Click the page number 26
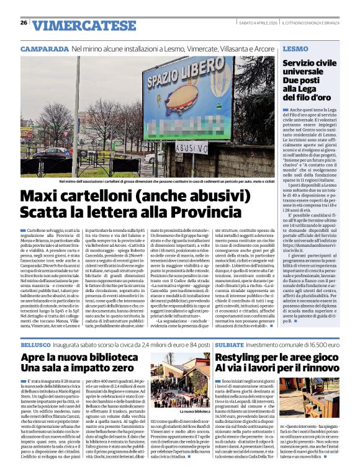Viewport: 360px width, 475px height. [x=24, y=23]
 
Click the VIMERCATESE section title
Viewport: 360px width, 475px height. [x=78, y=25]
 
